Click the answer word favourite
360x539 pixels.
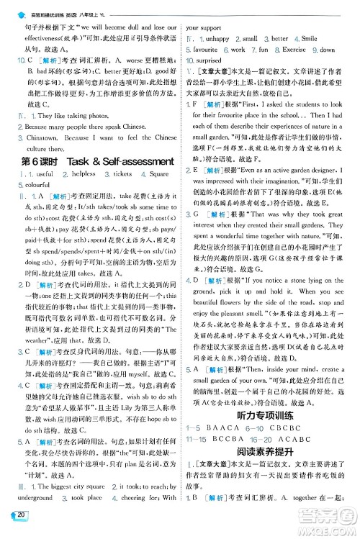(204, 50)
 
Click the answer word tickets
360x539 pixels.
(123, 174)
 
